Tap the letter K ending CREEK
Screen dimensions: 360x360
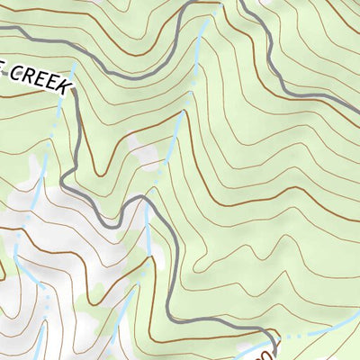click(x=64, y=86)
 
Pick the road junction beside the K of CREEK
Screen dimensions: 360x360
click(x=75, y=90)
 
